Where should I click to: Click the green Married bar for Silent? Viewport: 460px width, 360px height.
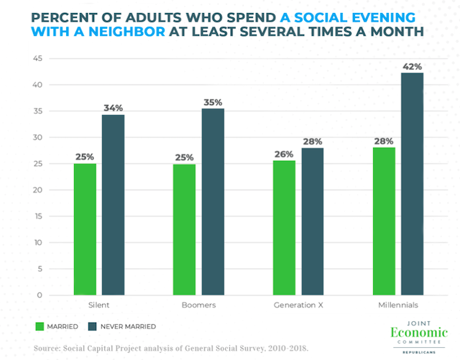click(x=84, y=229)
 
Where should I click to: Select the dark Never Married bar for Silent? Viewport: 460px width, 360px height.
click(x=113, y=205)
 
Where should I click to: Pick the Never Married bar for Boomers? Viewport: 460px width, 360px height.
click(x=212, y=202)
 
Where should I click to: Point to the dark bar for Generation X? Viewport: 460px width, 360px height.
click(x=311, y=221)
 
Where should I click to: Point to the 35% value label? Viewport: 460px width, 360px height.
click(x=212, y=101)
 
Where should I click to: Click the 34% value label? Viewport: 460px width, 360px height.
click(x=113, y=108)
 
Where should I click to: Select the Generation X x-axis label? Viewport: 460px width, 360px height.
click(x=297, y=306)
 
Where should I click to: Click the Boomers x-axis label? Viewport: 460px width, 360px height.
click(x=198, y=306)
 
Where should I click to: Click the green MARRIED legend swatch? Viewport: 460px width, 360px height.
click(x=42, y=326)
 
